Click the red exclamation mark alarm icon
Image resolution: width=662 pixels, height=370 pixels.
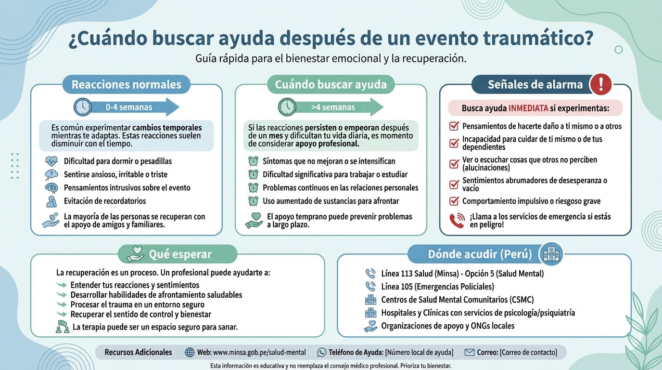point(600,85)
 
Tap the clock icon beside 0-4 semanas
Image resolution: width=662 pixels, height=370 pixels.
point(83,107)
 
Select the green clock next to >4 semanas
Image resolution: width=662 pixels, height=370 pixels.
point(287,107)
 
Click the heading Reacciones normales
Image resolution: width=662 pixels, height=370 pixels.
point(127,85)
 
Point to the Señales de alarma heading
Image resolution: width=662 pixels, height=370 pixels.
point(535,85)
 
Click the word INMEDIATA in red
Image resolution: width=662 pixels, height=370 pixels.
point(528,108)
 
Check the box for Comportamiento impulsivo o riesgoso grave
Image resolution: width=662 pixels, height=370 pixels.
point(454,201)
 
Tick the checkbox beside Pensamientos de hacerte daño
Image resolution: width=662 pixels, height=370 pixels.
point(454,126)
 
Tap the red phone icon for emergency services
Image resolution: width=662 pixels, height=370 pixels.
point(457,221)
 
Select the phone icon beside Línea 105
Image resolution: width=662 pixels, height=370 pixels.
point(370,287)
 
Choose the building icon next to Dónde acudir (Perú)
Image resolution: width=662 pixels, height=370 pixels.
point(551,254)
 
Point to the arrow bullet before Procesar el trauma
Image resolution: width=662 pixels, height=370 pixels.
point(62,304)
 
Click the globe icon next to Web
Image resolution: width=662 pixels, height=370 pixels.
point(190,352)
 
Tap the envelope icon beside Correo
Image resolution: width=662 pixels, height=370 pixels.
point(470,352)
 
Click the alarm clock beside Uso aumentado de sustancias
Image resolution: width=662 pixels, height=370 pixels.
point(253,201)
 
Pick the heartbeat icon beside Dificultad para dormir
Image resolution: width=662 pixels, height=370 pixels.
point(51,161)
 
